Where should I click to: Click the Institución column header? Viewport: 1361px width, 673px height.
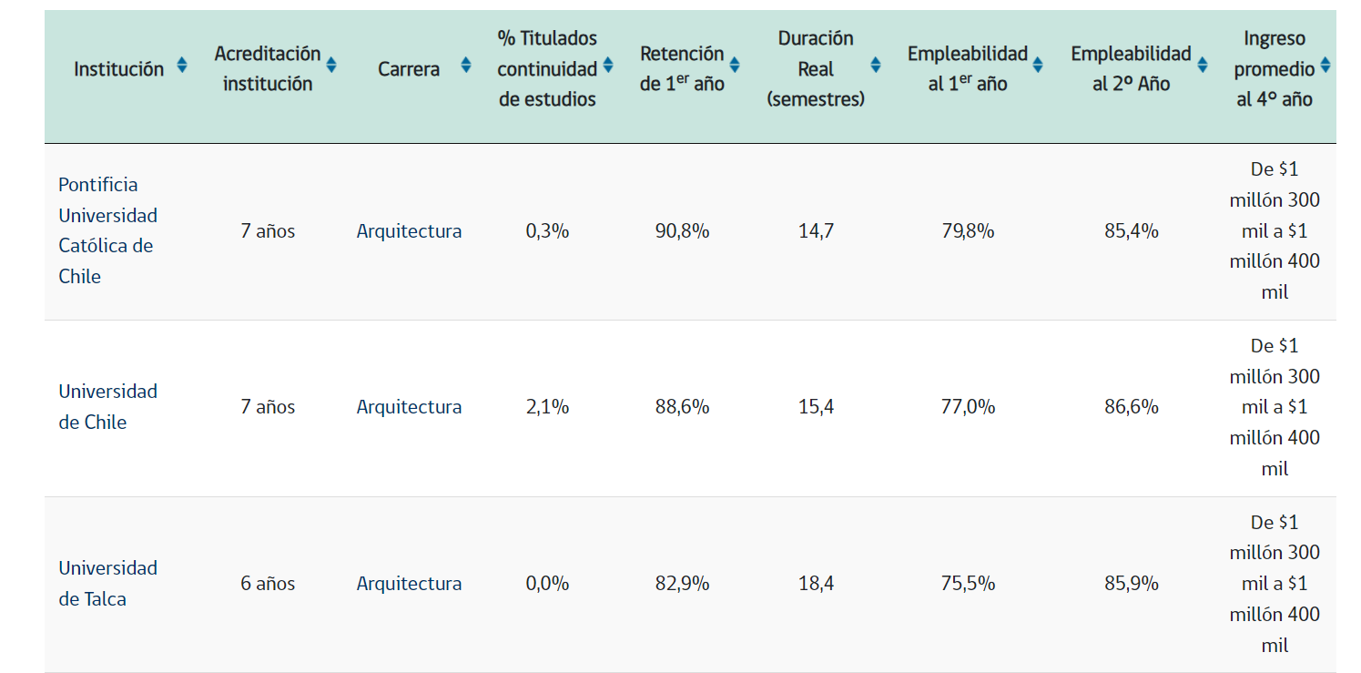[119, 69]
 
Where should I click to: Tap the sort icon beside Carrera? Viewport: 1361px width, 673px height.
[466, 65]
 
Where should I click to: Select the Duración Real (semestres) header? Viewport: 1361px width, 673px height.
[816, 69]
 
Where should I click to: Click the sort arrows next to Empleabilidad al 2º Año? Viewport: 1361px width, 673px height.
[1203, 65]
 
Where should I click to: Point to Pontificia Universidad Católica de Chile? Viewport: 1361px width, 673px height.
[107, 230]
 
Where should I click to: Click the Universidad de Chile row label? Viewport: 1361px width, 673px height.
[107, 406]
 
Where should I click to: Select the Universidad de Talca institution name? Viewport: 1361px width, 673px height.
[107, 583]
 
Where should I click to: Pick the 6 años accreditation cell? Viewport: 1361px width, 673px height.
[268, 584]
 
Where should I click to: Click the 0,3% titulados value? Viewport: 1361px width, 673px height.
[547, 231]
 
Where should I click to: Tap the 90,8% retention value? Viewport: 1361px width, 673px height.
[682, 231]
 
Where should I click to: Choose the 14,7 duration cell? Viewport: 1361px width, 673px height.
[816, 231]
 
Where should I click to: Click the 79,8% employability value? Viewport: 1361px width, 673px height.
[968, 231]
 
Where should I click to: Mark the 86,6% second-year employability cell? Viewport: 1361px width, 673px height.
[1132, 407]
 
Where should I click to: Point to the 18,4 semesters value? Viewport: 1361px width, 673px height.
[816, 584]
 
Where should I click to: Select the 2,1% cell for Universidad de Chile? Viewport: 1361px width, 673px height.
[547, 407]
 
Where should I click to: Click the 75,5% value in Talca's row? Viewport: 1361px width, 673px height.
[968, 584]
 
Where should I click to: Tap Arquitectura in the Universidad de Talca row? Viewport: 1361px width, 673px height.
[409, 584]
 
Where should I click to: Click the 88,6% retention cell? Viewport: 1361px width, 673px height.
[682, 407]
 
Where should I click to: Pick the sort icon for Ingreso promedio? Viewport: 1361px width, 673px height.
[1325, 65]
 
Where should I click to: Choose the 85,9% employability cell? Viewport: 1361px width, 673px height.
[1132, 584]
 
